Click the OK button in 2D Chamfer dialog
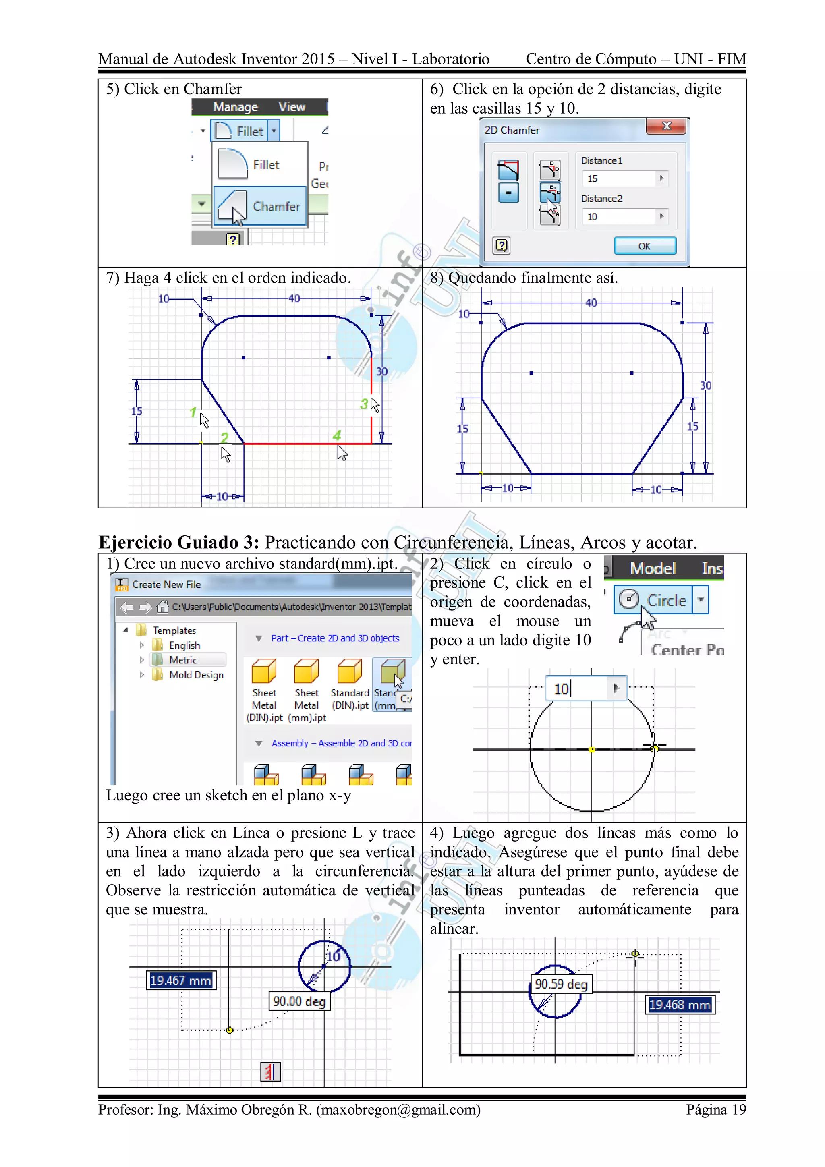645,246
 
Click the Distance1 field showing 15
620,178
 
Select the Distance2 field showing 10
620,217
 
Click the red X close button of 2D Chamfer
666,126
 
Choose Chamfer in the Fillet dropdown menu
260,206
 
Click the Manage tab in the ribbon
235,107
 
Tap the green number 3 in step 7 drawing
364,404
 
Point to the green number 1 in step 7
193,412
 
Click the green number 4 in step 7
336,435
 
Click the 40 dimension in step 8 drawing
591,303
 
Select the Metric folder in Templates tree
183,660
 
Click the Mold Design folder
196,675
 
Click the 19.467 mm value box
181,980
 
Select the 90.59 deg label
561,984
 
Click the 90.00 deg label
299,1001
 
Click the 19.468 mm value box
680,1005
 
